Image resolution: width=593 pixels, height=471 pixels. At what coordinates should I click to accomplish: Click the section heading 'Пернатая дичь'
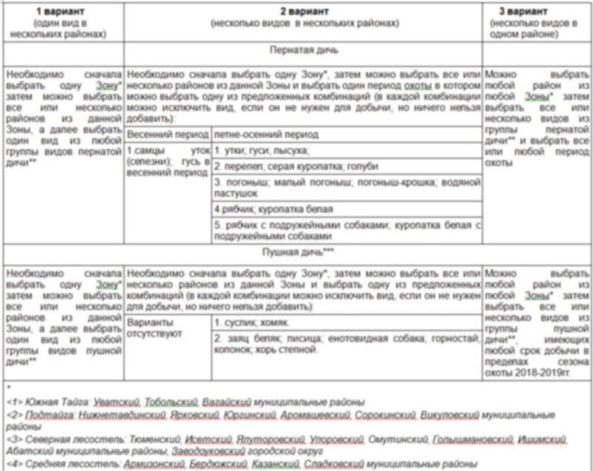tap(303, 51)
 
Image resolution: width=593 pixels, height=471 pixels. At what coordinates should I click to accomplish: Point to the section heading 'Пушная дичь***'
tap(303, 253)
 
